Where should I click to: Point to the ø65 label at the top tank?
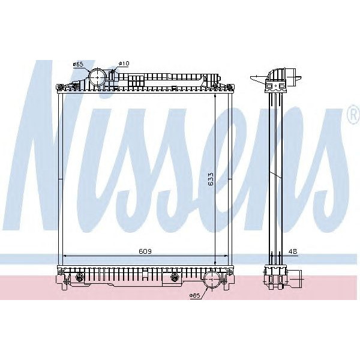[77, 64]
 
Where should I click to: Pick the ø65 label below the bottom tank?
[194, 295]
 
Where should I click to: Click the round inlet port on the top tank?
[97, 77]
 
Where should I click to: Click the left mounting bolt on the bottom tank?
[79, 277]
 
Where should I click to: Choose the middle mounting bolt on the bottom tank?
[175, 277]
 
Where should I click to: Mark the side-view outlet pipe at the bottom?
[296, 278]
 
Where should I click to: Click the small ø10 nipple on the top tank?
[113, 75]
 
